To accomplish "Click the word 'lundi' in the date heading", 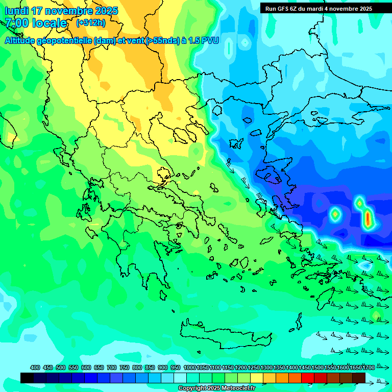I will [16, 11].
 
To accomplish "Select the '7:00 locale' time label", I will [36, 23].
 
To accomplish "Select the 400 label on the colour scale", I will [35, 367].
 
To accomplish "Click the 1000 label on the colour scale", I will [190, 367].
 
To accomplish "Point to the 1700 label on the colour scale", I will [369, 367].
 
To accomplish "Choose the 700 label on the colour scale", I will [112, 367].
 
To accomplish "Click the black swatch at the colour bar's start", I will [27, 378].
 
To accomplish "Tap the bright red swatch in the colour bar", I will [308, 378].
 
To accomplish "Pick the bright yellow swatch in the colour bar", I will [257, 378].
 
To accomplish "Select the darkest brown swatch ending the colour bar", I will [359, 378].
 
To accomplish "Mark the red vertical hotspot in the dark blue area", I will [367, 218].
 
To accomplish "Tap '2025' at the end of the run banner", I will [365, 9].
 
